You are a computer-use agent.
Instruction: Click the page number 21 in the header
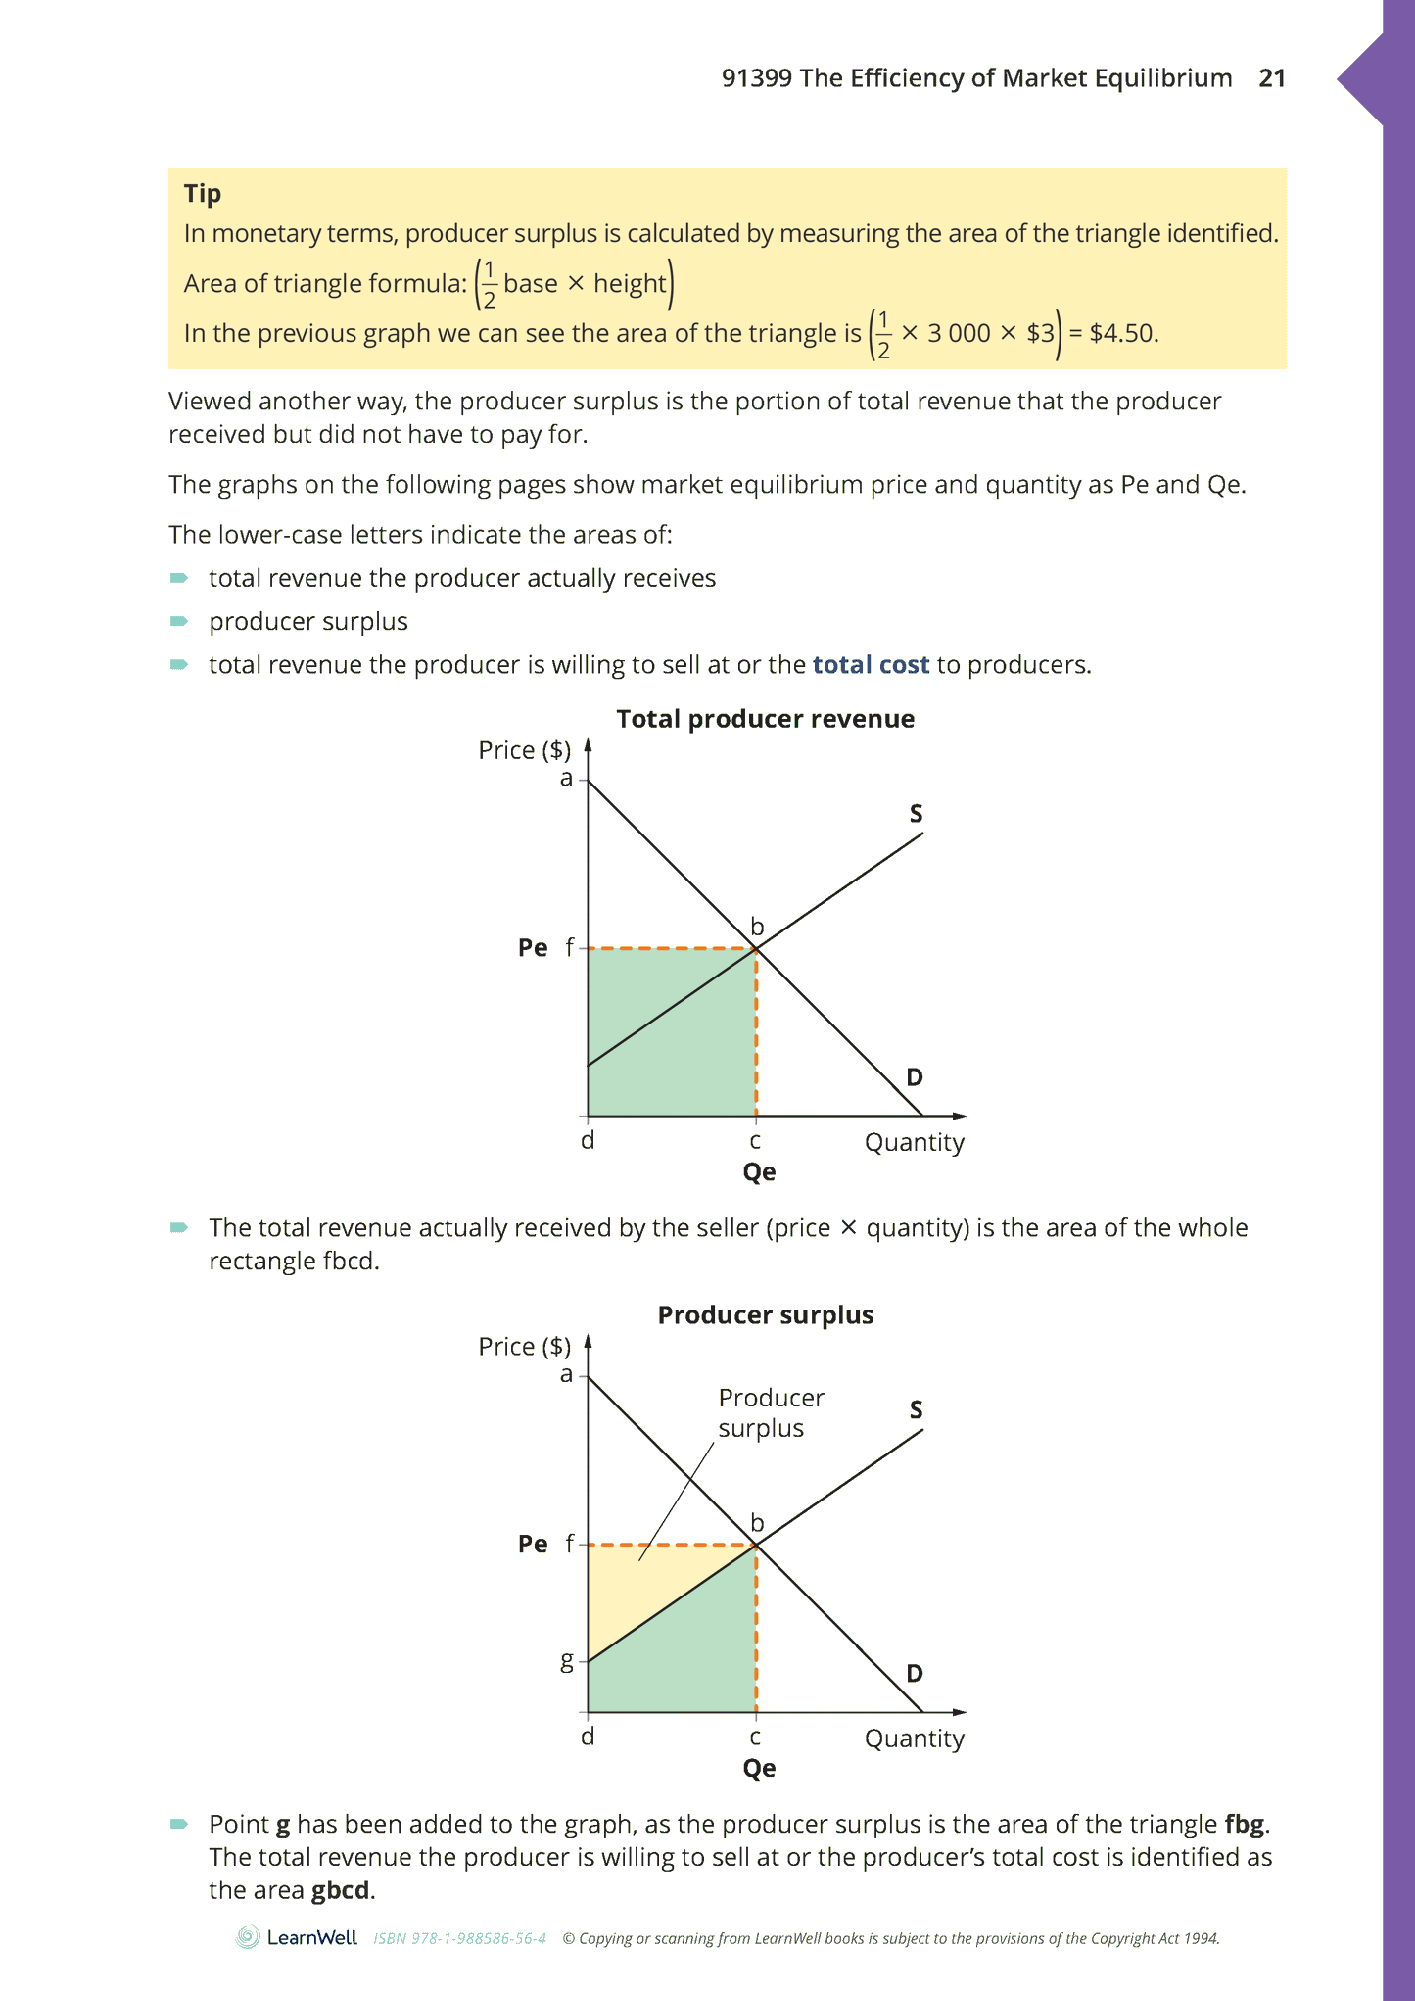click(x=1271, y=78)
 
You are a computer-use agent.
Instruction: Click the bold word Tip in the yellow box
click(x=203, y=194)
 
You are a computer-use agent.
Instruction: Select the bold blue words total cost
click(x=871, y=665)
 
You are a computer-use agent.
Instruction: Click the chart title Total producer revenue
click(x=765, y=719)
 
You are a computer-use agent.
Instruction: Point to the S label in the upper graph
click(x=916, y=814)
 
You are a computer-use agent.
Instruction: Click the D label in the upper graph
click(x=914, y=1077)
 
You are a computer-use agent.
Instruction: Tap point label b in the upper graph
click(x=757, y=927)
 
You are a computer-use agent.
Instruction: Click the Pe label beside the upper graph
click(x=533, y=948)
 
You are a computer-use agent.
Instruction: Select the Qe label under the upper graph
click(x=759, y=1172)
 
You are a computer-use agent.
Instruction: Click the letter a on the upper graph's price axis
click(x=566, y=779)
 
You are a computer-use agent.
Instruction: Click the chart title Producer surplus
click(x=765, y=1315)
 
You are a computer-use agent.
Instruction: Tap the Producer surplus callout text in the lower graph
click(x=770, y=1412)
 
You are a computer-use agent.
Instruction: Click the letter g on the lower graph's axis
click(x=566, y=1660)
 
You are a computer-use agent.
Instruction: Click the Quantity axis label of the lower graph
click(x=914, y=1739)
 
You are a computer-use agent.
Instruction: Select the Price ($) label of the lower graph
click(x=524, y=1347)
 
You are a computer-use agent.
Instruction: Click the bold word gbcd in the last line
click(x=341, y=1890)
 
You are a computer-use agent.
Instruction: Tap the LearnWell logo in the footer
click(x=297, y=1937)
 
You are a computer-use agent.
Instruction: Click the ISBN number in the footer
click(x=459, y=1938)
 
